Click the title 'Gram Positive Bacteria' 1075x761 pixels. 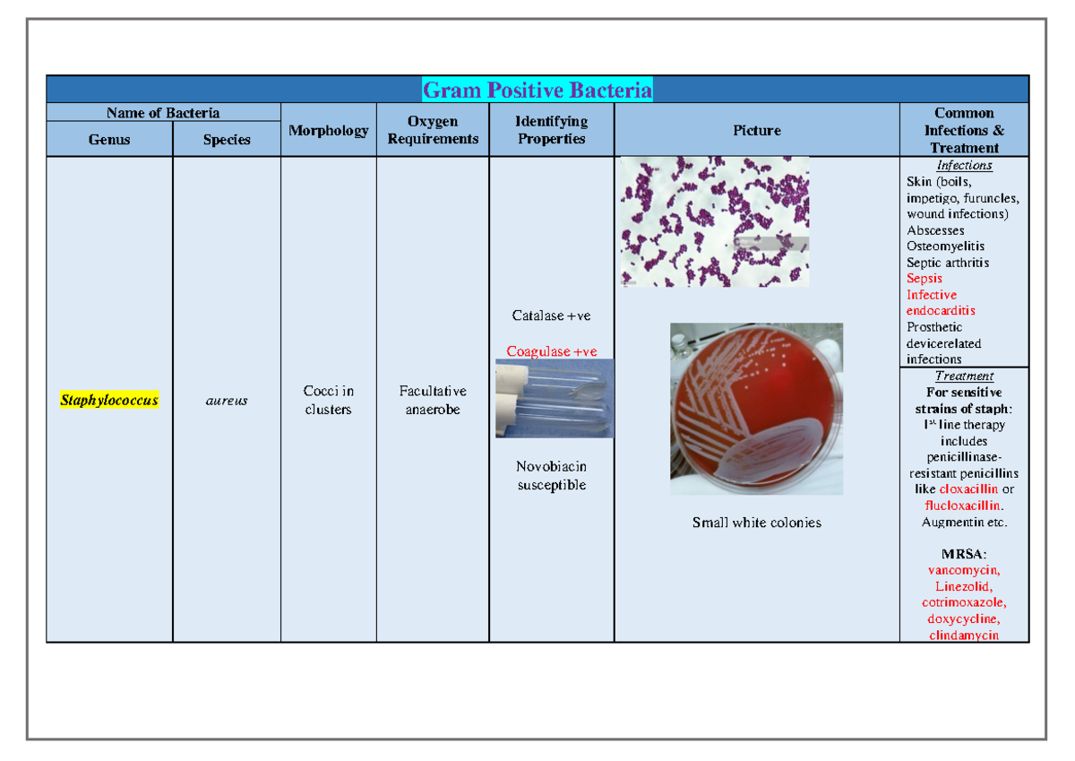[x=537, y=90]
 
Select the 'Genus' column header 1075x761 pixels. [x=109, y=140]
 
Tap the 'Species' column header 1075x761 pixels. [x=227, y=140]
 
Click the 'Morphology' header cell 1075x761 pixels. [x=329, y=130]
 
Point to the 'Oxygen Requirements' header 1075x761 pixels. [x=433, y=130]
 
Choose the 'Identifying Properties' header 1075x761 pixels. [x=552, y=130]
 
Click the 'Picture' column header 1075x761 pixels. [x=757, y=130]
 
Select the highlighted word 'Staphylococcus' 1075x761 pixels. [x=109, y=400]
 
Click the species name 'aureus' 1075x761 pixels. [x=227, y=401]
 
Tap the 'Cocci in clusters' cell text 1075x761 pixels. [x=329, y=400]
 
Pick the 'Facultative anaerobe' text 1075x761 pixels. [x=433, y=400]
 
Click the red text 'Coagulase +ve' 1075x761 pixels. [x=552, y=351]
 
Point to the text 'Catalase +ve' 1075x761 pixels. [x=552, y=316]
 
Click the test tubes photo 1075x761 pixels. [x=555, y=398]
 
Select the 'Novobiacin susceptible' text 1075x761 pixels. [x=552, y=476]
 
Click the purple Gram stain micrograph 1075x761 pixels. [x=715, y=221]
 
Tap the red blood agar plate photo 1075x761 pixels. [x=756, y=409]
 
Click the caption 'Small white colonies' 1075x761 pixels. [x=757, y=523]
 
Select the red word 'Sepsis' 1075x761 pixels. [x=924, y=279]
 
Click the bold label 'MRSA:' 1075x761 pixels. [x=964, y=554]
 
